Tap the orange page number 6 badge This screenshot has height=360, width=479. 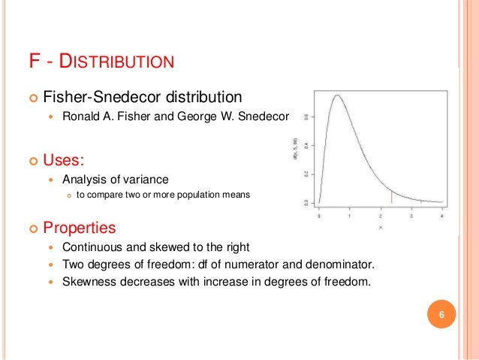pos(441,314)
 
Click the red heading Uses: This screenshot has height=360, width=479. pos(64,160)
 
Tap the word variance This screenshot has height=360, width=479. pos(147,180)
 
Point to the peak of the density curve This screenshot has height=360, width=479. pos(338,95)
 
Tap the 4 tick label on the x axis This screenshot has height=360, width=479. pos(441,215)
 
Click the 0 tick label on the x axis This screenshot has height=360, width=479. pos(318,215)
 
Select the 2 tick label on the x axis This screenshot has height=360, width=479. pos(380,215)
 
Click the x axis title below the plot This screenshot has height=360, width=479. pos(380,226)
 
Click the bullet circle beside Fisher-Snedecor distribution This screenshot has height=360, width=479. pos(32,98)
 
